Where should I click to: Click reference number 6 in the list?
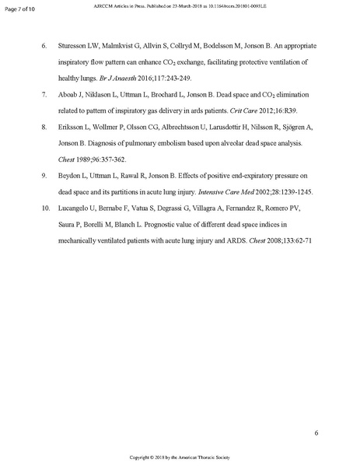tap(44, 47)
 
